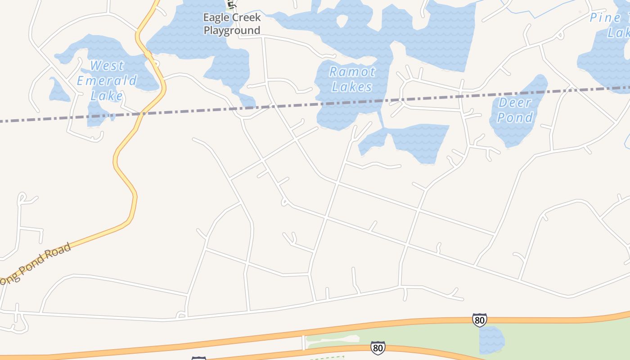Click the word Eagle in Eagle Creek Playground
[x=215, y=18]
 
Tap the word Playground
[x=232, y=30]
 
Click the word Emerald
[x=107, y=81]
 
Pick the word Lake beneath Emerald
[x=107, y=96]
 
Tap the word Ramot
[x=352, y=72]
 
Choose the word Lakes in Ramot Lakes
[x=352, y=86]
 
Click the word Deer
[x=515, y=103]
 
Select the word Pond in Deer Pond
[x=515, y=118]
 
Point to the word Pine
[x=605, y=18]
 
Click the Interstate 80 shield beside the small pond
[x=480, y=320]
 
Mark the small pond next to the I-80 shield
[x=491, y=340]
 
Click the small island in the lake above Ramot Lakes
[x=342, y=20]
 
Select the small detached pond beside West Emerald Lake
[x=58, y=90]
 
